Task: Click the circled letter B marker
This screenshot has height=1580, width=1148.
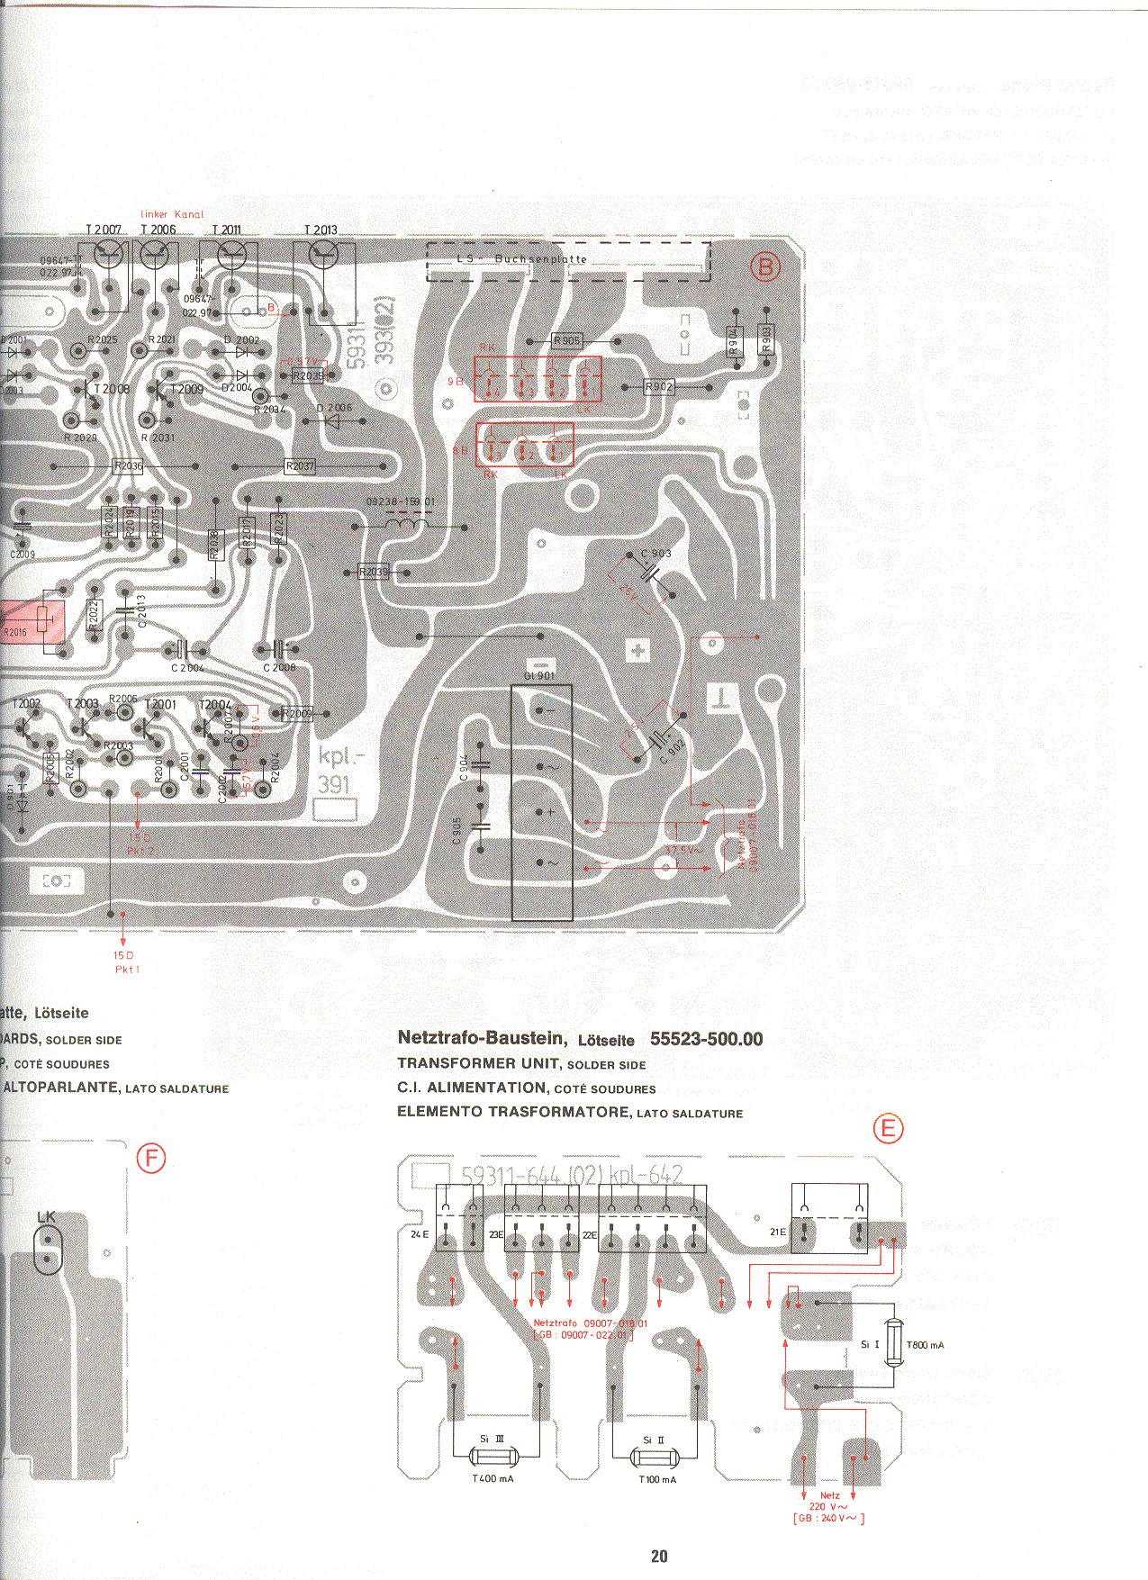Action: tap(765, 267)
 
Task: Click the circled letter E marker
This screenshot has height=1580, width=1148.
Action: tap(888, 1128)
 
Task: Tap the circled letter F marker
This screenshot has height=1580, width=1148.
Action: tap(151, 1158)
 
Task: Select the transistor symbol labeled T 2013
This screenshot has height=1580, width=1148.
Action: tap(321, 256)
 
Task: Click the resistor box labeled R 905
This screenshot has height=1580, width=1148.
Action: tap(566, 341)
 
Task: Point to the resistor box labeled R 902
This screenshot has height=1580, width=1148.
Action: tap(659, 387)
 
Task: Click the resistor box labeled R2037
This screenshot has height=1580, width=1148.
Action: tap(300, 466)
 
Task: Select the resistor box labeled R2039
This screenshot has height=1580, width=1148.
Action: tap(373, 573)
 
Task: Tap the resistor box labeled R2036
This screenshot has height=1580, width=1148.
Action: tap(128, 466)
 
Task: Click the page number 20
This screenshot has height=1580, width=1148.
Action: tap(659, 1556)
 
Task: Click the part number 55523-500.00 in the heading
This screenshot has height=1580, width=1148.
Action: tap(706, 1039)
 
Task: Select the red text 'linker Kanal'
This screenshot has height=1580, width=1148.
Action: tap(172, 214)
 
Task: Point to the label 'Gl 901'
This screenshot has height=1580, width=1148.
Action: tap(539, 675)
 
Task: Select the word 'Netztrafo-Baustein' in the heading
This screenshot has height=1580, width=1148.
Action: tap(482, 1038)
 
